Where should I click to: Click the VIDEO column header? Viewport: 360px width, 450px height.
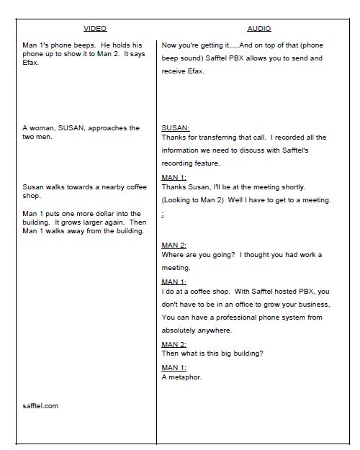[x=95, y=28]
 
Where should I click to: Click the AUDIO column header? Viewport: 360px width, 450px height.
[x=259, y=28]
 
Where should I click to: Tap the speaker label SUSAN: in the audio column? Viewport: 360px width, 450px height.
[x=176, y=127]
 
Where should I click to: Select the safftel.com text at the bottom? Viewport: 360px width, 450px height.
[x=40, y=405]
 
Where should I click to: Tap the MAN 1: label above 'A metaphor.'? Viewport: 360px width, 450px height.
[x=174, y=367]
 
